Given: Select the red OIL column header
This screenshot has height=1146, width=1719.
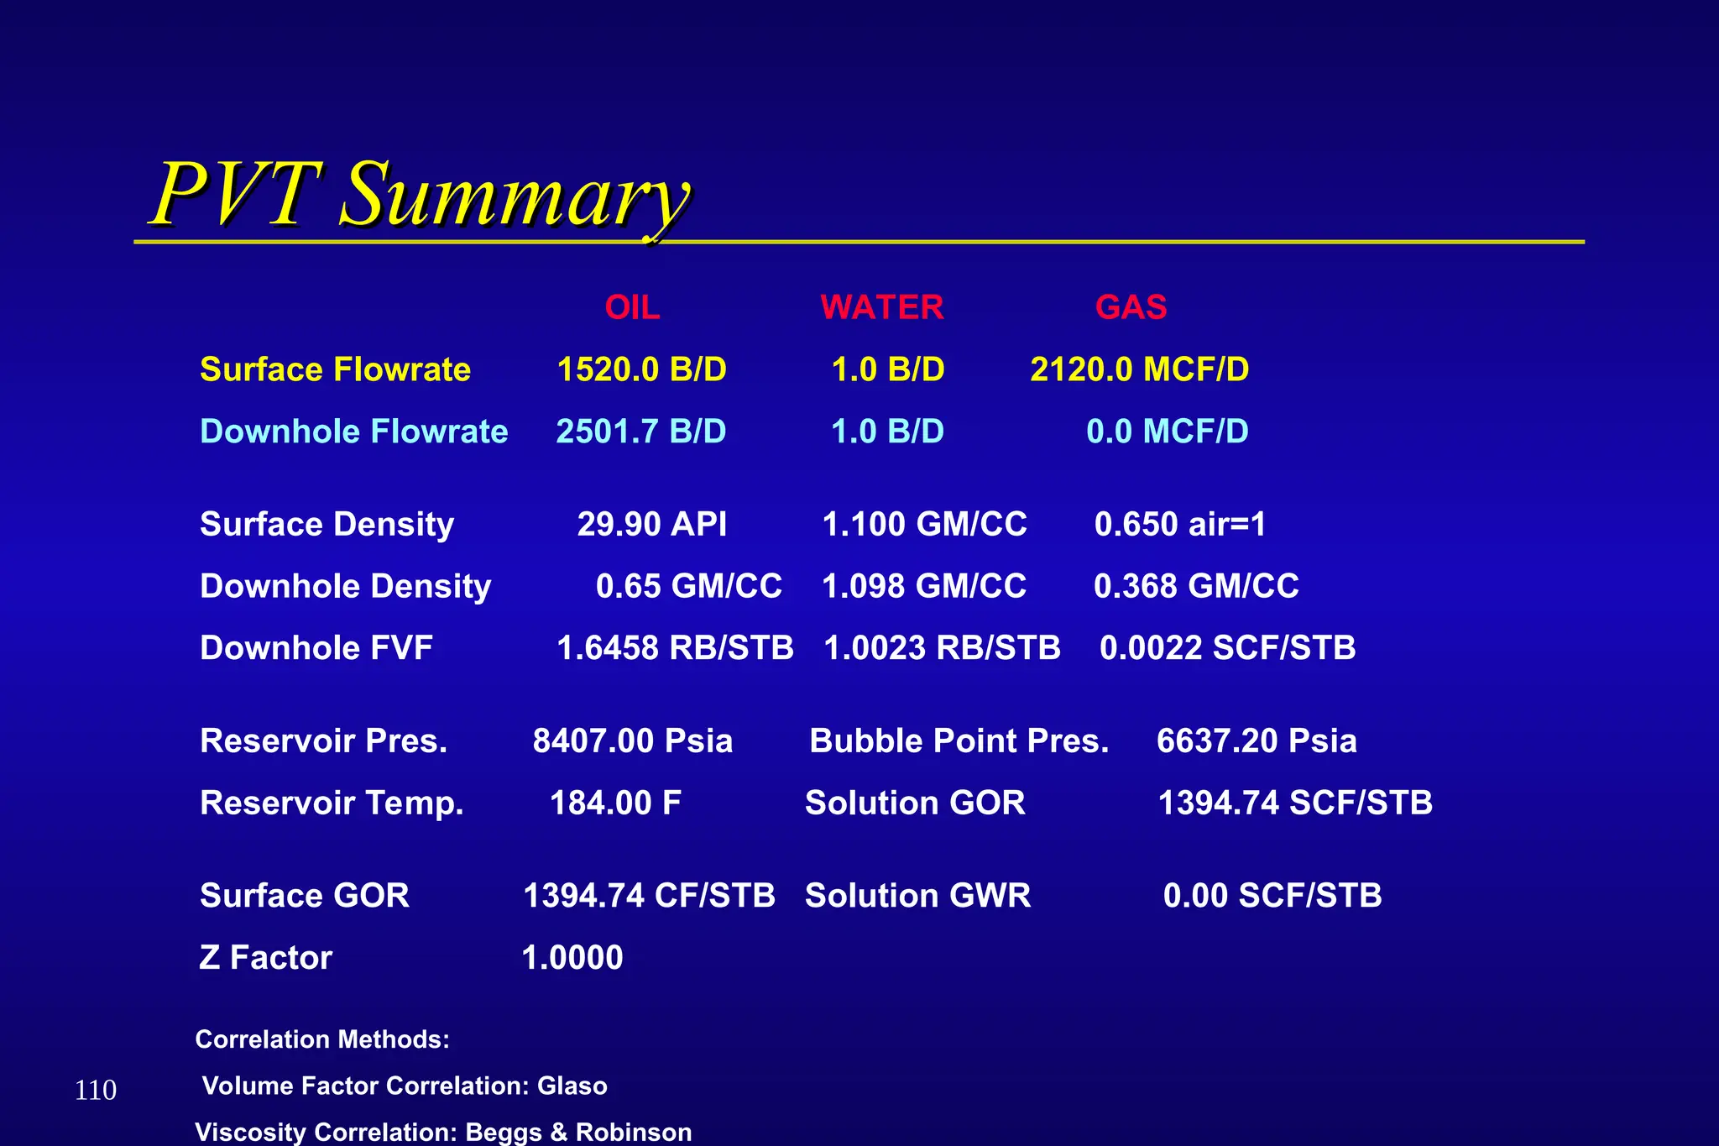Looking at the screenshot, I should (632, 308).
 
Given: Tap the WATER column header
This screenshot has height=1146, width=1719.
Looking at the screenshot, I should (881, 308).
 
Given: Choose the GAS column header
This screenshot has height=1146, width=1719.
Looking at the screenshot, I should (1131, 308).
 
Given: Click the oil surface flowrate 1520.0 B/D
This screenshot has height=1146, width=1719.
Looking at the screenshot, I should (642, 370).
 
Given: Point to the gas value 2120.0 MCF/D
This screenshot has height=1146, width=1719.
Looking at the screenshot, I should (1139, 370).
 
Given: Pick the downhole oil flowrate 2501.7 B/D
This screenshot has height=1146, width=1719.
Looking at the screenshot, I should (641, 432).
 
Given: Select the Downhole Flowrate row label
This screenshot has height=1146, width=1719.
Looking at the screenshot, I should (353, 432).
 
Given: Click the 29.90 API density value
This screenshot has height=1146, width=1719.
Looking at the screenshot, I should (652, 525).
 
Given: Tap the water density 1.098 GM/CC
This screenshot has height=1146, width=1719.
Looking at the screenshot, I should (924, 587).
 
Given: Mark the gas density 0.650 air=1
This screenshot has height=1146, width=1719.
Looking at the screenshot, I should (1180, 525).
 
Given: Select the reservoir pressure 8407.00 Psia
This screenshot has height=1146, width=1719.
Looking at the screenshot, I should (633, 741).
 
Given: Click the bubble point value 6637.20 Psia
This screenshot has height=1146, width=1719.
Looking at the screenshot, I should (1257, 741).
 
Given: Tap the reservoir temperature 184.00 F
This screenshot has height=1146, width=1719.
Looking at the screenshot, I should (615, 803).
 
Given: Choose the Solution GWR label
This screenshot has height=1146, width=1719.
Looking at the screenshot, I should (917, 896).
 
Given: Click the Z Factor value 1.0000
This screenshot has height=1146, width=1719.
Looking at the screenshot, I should (572, 958).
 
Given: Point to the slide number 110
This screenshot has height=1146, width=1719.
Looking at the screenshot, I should (96, 1091).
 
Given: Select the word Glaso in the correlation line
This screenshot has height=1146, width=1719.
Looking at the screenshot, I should (572, 1086).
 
